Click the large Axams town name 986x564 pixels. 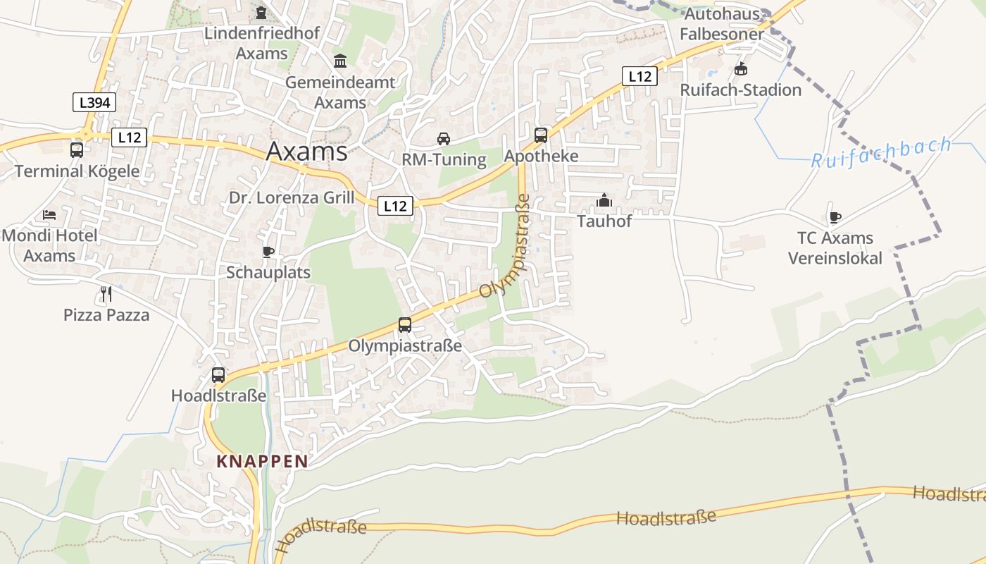click(x=306, y=152)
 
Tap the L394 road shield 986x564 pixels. click(x=94, y=103)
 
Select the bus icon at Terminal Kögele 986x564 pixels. click(x=77, y=149)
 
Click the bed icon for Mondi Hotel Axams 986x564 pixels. click(x=49, y=214)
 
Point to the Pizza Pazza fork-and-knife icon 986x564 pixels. click(x=106, y=294)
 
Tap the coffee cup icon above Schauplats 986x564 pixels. click(x=268, y=252)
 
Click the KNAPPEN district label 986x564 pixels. click(x=262, y=462)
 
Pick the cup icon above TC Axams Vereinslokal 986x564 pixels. click(x=835, y=217)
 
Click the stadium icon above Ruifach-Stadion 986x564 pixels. click(x=740, y=69)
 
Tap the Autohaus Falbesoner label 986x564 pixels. click(x=722, y=24)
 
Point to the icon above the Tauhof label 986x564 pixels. click(x=604, y=201)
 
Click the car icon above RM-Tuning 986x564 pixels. click(x=444, y=138)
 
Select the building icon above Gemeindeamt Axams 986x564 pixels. click(x=340, y=61)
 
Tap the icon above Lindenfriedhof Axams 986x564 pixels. click(x=262, y=12)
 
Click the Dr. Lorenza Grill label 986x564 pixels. click(x=292, y=197)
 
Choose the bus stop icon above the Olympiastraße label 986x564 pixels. click(x=405, y=324)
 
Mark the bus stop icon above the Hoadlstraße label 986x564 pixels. click(x=218, y=374)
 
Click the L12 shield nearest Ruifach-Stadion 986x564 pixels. click(x=639, y=76)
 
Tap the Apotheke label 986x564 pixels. click(x=541, y=156)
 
